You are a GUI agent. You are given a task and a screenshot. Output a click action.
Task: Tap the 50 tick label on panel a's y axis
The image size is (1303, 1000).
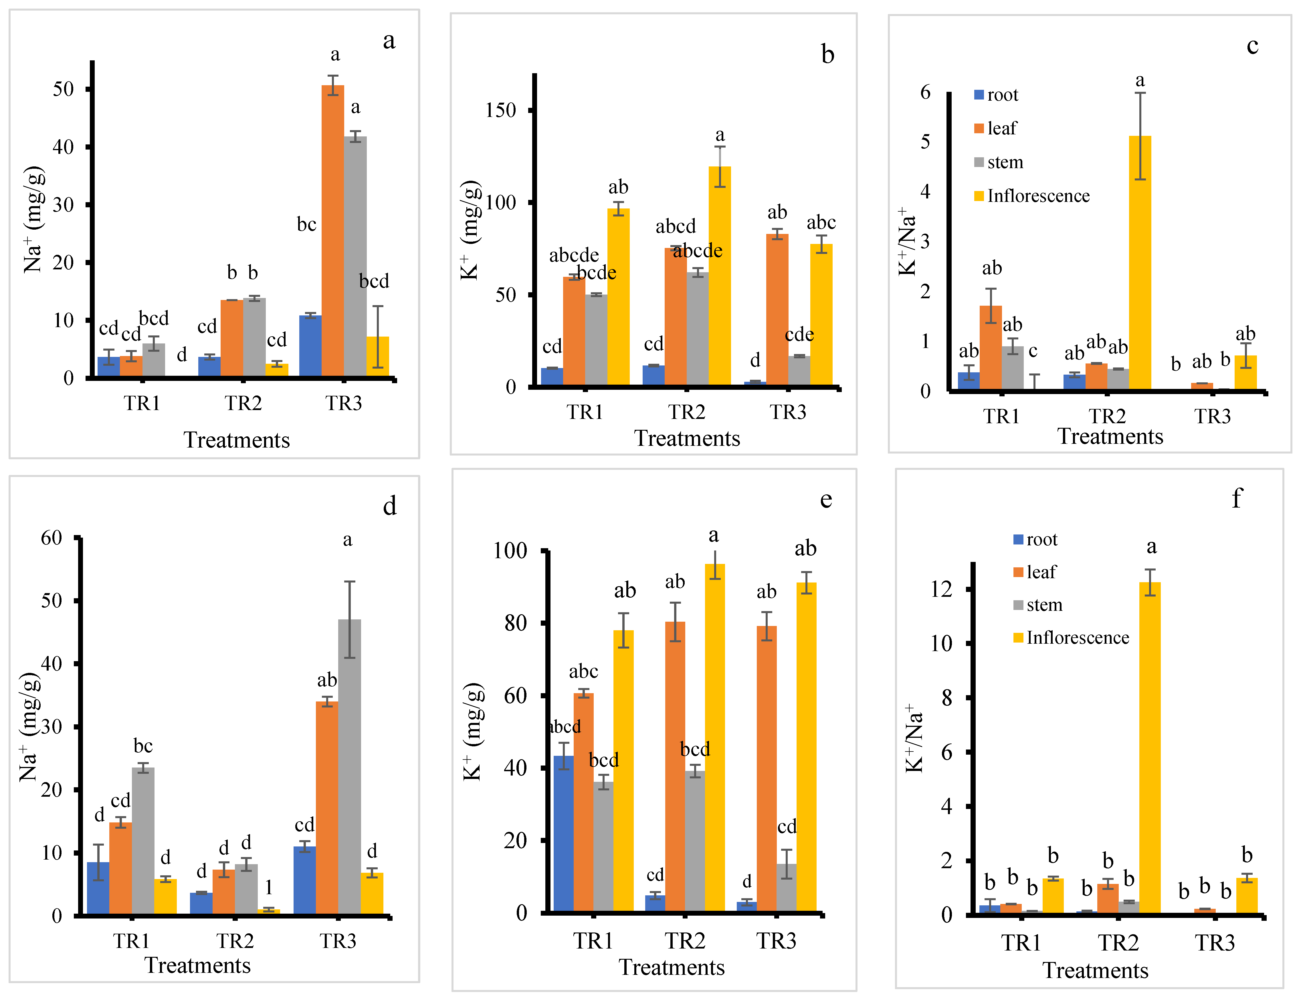(63, 89)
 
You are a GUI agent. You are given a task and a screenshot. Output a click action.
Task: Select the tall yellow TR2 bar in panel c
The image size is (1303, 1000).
(1140, 262)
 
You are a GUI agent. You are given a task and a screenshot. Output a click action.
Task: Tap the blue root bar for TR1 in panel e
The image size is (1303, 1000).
(563, 833)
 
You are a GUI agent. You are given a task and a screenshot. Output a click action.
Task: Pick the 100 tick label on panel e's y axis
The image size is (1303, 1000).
(510, 550)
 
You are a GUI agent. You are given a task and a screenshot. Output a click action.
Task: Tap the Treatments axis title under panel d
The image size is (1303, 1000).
(198, 965)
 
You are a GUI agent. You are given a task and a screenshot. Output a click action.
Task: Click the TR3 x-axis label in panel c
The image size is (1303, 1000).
(1212, 416)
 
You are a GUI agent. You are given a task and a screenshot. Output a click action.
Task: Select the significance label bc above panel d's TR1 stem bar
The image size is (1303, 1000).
(143, 746)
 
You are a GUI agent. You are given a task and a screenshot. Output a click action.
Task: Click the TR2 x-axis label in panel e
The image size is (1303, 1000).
(685, 941)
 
